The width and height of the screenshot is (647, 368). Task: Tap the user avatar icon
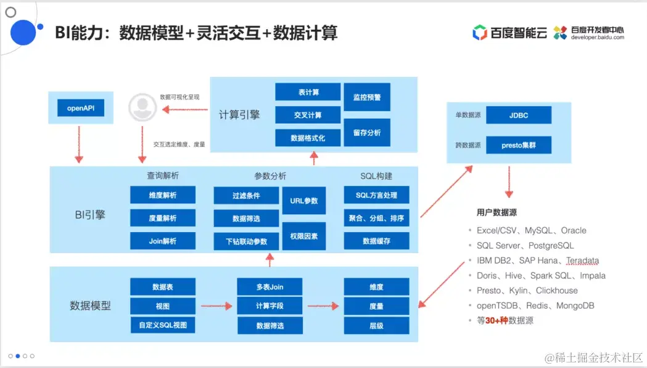142,108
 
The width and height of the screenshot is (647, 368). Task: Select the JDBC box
519,115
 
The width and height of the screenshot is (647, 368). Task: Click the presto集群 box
519,146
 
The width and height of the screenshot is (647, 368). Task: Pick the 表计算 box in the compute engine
308,92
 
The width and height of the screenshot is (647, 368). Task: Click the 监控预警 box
367,98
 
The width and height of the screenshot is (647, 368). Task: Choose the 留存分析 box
367,132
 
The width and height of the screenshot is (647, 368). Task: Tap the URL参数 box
304,201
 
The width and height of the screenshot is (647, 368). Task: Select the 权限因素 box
304,236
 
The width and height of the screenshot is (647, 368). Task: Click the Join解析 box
163,241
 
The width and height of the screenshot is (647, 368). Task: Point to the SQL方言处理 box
376,195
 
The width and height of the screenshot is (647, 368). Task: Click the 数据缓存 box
376,241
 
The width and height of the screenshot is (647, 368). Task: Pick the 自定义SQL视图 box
163,325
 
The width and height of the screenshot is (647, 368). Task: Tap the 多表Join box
270,286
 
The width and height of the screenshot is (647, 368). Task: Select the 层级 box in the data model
376,325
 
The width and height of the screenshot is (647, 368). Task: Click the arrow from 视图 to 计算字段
215,306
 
